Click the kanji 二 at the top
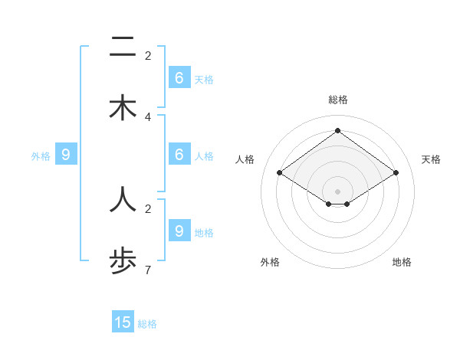(123, 47)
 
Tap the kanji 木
(123, 109)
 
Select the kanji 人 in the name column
(123, 198)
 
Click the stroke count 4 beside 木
(148, 116)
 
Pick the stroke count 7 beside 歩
(148, 270)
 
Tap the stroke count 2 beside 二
(148, 55)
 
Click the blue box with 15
(123, 322)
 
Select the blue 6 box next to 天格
(179, 77)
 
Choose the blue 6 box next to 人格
(179, 154)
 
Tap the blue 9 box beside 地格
(179, 231)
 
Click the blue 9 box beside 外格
(66, 155)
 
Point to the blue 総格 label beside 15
(147, 324)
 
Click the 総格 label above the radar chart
(338, 100)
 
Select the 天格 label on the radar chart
(431, 159)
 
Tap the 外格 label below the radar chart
(270, 262)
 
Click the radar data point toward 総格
(337, 130)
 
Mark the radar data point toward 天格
(396, 173)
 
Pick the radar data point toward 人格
(279, 173)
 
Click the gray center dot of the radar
(337, 191)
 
